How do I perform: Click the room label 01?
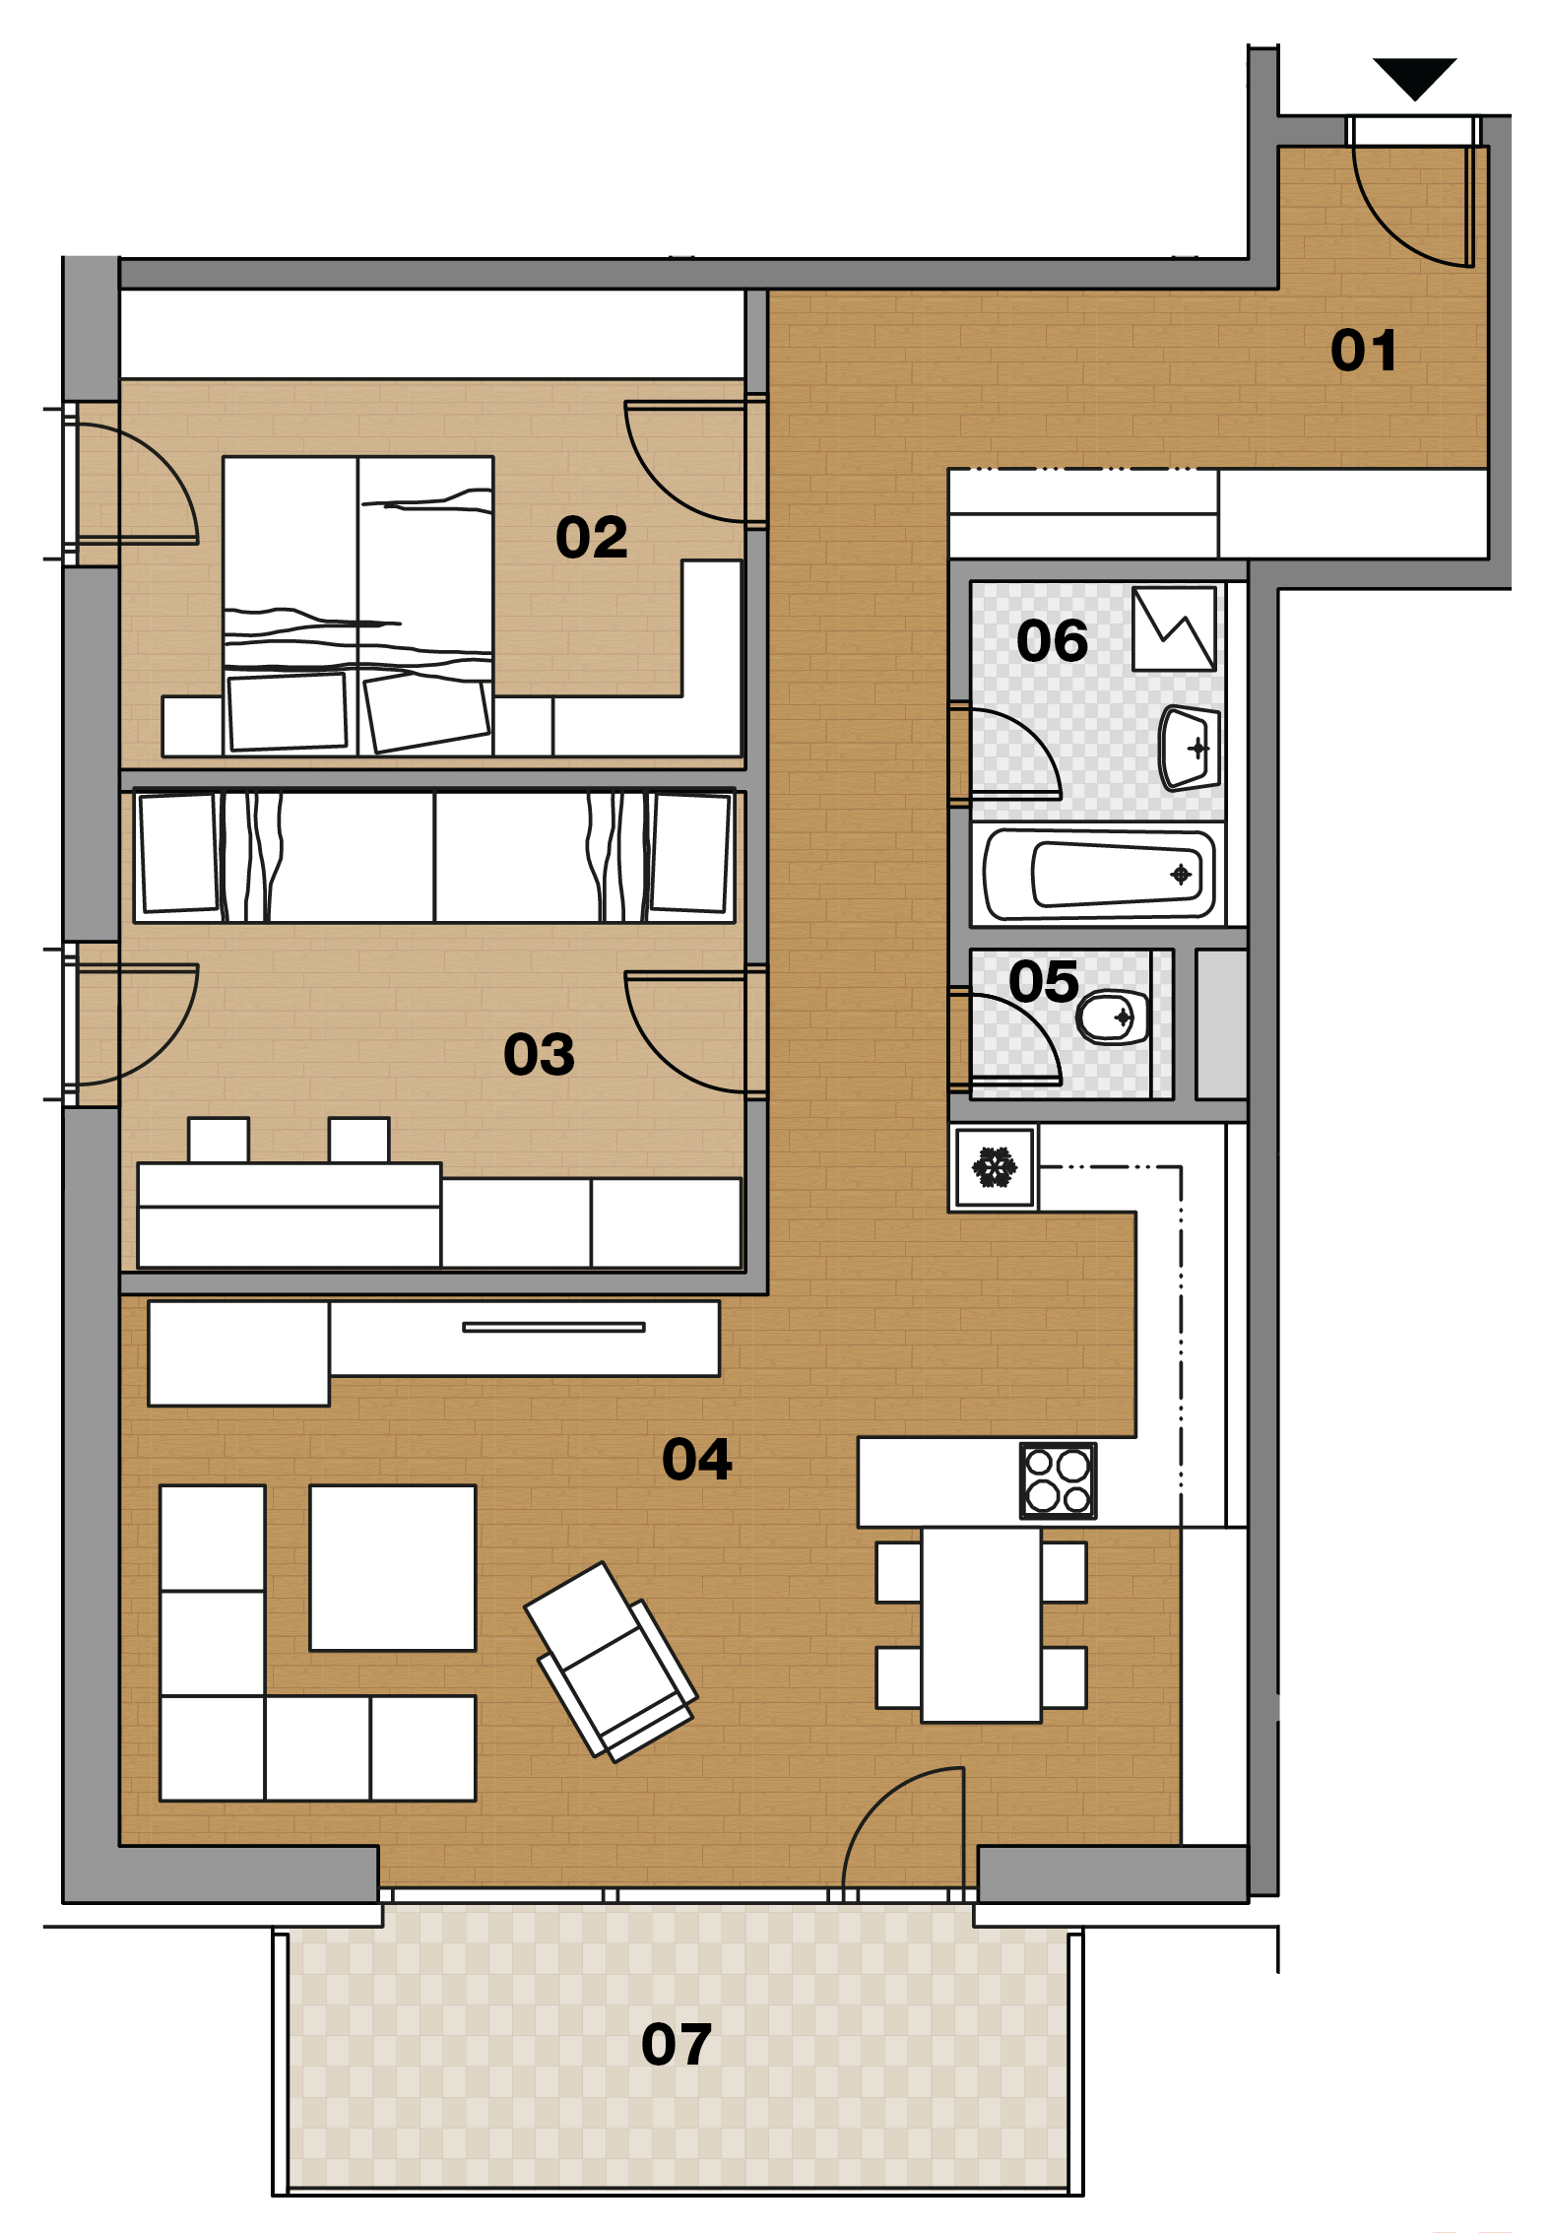[1364, 351]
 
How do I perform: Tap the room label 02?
[592, 538]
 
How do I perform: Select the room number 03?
[539, 1055]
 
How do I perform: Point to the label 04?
[697, 1460]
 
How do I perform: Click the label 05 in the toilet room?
[1044, 982]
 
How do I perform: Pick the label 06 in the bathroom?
[1053, 641]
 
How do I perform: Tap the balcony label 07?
[677, 2045]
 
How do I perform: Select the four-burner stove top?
[1058, 1481]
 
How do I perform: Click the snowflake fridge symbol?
[995, 1167]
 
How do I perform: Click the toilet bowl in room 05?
[1113, 1017]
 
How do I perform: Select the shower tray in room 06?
[1174, 629]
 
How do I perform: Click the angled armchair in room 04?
[612, 1662]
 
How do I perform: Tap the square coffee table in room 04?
[393, 1568]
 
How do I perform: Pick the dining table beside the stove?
[981, 1625]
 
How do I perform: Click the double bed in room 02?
[357, 606]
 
